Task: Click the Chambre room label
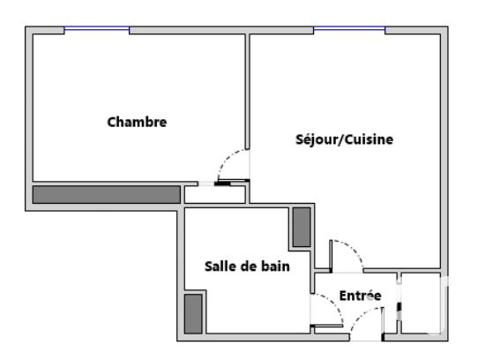137,122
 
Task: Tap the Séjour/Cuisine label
344,139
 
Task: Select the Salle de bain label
246,265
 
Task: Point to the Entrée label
360,296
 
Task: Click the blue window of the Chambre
96,30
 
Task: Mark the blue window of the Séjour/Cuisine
349,30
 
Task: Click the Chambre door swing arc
231,162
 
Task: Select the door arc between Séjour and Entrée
347,251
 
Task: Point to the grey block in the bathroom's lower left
193,312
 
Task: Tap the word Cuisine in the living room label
369,139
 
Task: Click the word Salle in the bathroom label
220,265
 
